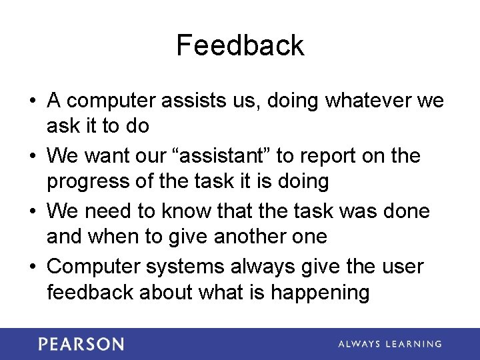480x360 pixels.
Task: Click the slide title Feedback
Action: tap(240, 45)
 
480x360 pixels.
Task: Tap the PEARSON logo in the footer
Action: tap(81, 344)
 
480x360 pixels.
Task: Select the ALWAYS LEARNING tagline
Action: tap(390, 344)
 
